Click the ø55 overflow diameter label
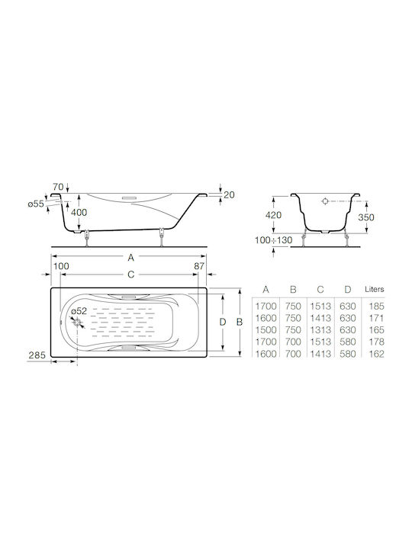pos(36,204)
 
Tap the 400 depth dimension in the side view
pos(79,213)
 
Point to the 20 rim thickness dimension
pos(229,194)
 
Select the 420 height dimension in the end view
pos(273,215)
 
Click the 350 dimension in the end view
pos(366,217)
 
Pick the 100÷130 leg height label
pos(273,240)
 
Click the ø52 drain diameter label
pos(79,311)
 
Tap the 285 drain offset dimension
pos(37,355)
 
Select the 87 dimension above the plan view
pos(199,266)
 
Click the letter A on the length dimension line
pos(131,258)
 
